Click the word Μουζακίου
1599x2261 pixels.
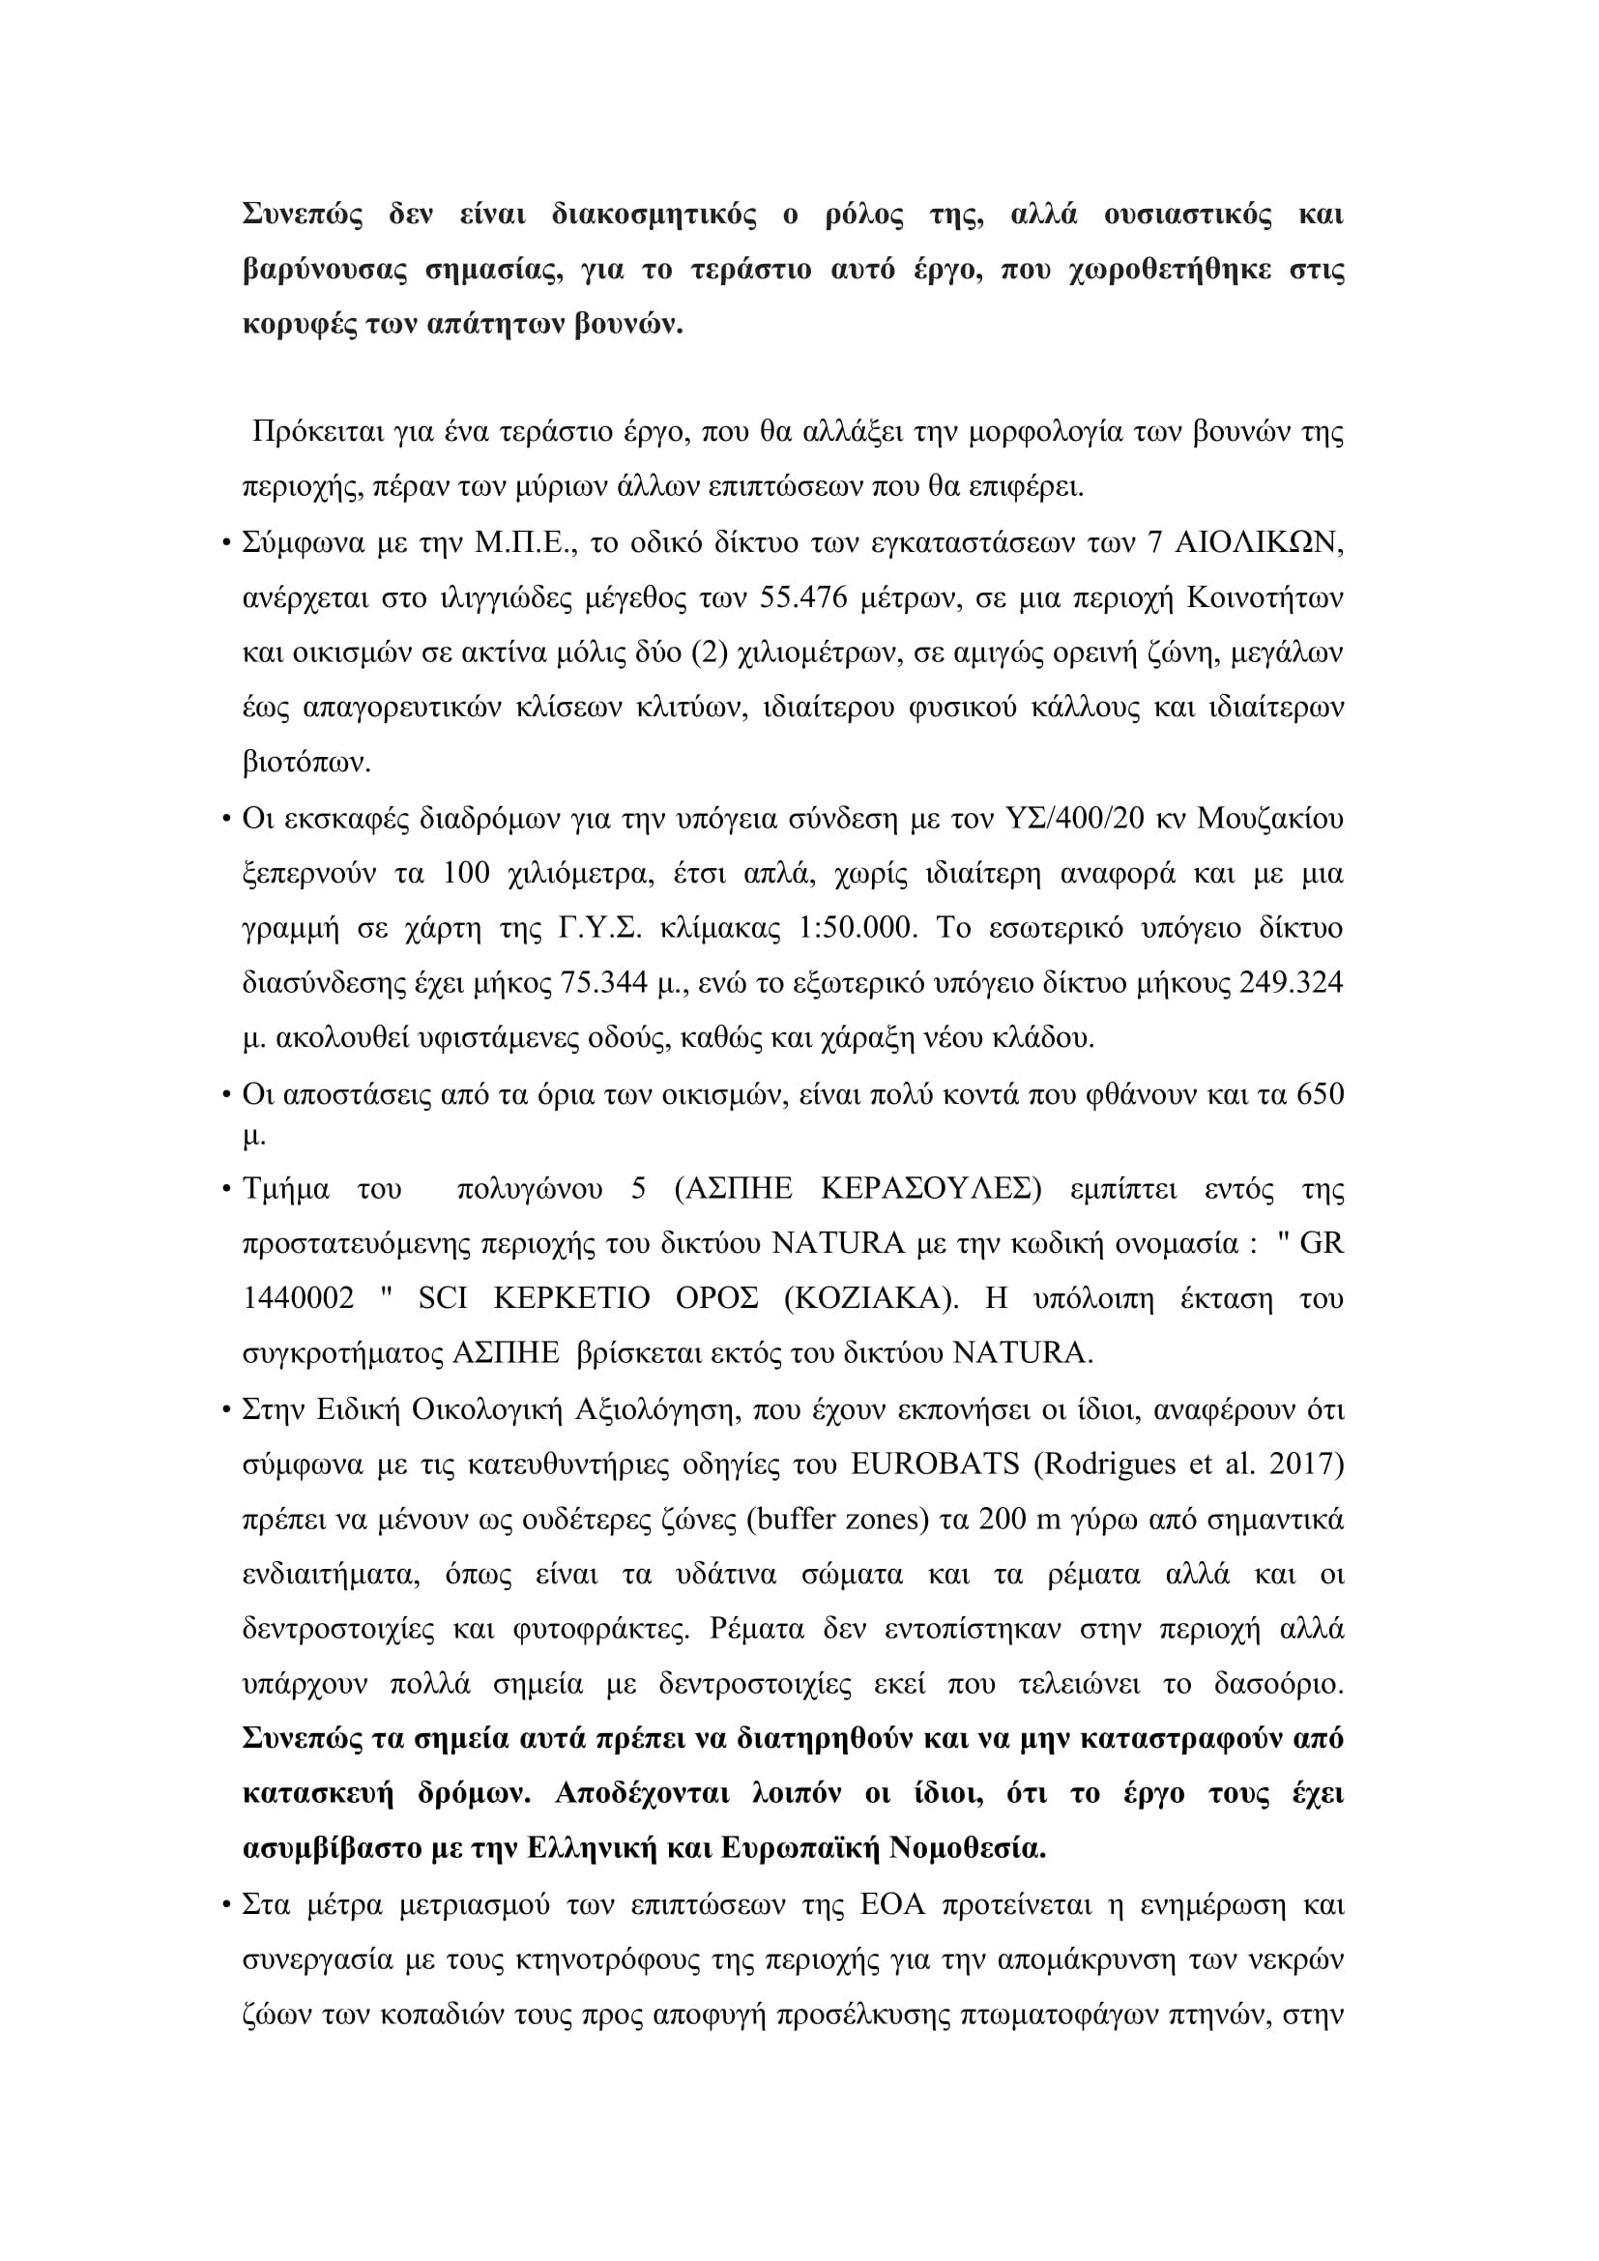pos(1270,819)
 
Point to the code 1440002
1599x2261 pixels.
pos(299,1298)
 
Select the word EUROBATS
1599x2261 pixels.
pos(935,1464)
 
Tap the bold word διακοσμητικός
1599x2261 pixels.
pos(654,215)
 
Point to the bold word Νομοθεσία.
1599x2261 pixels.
pos(967,1847)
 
